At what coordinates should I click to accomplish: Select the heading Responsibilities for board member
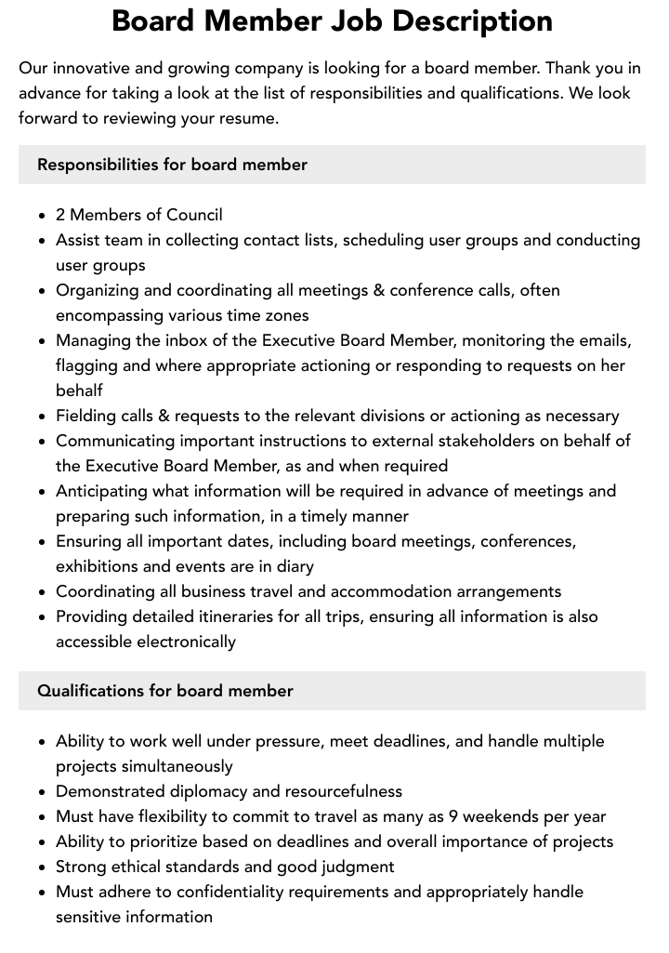(x=172, y=165)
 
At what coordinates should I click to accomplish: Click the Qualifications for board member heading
(x=164, y=691)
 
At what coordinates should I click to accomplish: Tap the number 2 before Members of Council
(x=60, y=215)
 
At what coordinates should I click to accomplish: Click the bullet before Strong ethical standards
(x=43, y=867)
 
